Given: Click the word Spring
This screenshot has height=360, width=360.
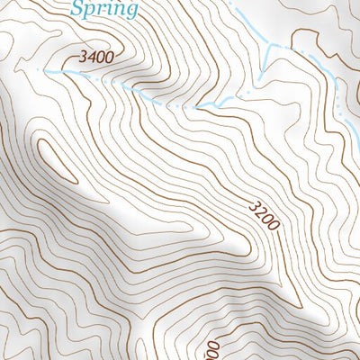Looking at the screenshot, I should [104, 10].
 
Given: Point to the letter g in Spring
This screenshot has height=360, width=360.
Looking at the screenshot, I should [130, 12].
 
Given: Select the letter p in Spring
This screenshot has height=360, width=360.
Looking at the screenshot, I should [90, 12].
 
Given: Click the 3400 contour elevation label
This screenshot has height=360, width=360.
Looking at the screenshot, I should [96, 58].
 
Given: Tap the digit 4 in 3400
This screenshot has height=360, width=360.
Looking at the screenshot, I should [91, 58].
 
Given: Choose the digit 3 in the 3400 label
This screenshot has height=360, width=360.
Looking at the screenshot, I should [83, 58].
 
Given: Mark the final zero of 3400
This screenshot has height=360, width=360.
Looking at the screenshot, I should [109, 58].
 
